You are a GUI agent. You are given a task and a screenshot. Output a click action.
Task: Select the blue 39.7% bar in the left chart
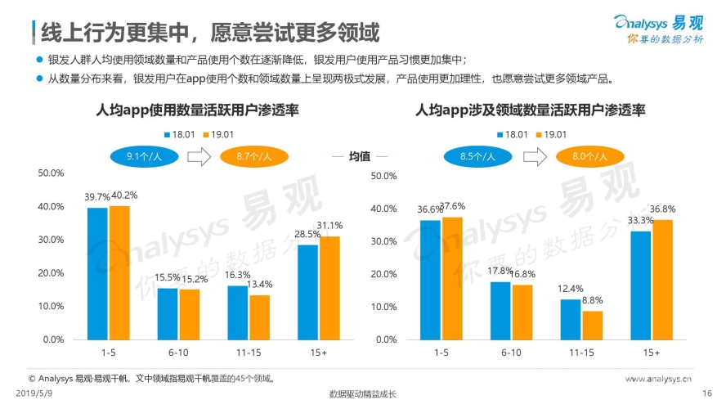click(97, 273)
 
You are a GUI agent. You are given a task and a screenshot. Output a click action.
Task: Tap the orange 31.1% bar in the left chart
click(329, 287)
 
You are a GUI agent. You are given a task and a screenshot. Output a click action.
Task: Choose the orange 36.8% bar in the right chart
click(661, 278)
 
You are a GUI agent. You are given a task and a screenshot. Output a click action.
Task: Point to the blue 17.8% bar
click(500, 310)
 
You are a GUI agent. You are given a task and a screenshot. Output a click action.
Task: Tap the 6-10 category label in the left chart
click(178, 353)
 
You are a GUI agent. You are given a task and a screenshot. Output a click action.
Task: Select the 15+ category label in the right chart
click(652, 353)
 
